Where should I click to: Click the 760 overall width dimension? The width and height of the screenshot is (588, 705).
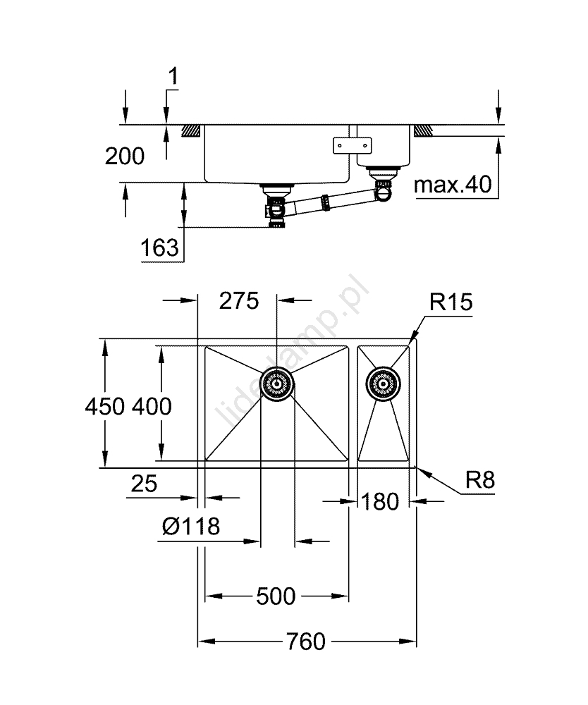point(306,642)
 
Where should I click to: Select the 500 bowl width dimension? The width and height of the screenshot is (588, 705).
point(276,596)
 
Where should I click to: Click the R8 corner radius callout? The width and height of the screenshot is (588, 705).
point(480,481)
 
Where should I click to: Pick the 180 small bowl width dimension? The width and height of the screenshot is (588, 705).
point(381,501)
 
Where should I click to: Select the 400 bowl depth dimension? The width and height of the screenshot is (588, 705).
point(150,406)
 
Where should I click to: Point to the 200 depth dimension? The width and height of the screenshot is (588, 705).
point(124,156)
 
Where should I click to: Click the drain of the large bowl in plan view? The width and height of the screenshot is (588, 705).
point(276,385)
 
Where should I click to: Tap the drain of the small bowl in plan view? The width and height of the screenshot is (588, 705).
point(383,384)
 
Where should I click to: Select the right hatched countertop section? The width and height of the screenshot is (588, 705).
point(423,130)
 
